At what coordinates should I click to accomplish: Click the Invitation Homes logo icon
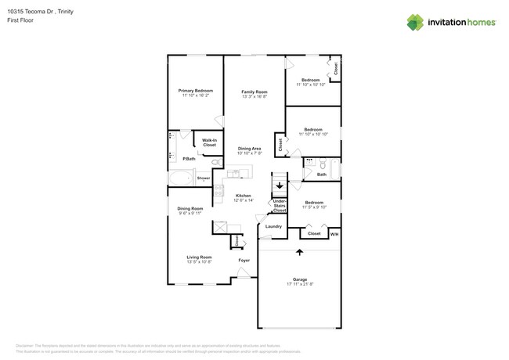point(414,22)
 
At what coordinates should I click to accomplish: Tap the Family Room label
point(254,92)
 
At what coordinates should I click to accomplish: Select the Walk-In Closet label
point(210,142)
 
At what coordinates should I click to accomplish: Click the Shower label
point(203,178)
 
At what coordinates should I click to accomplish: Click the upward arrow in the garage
point(298,252)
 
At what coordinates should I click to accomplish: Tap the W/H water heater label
point(334,234)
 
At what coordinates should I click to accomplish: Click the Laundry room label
point(273,226)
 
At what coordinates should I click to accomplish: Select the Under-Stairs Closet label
point(279,207)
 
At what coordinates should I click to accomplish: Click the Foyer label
point(244,261)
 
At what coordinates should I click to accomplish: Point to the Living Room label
point(199,257)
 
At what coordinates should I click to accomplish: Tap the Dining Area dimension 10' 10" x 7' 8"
point(250,153)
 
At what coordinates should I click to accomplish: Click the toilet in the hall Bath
point(321,164)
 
